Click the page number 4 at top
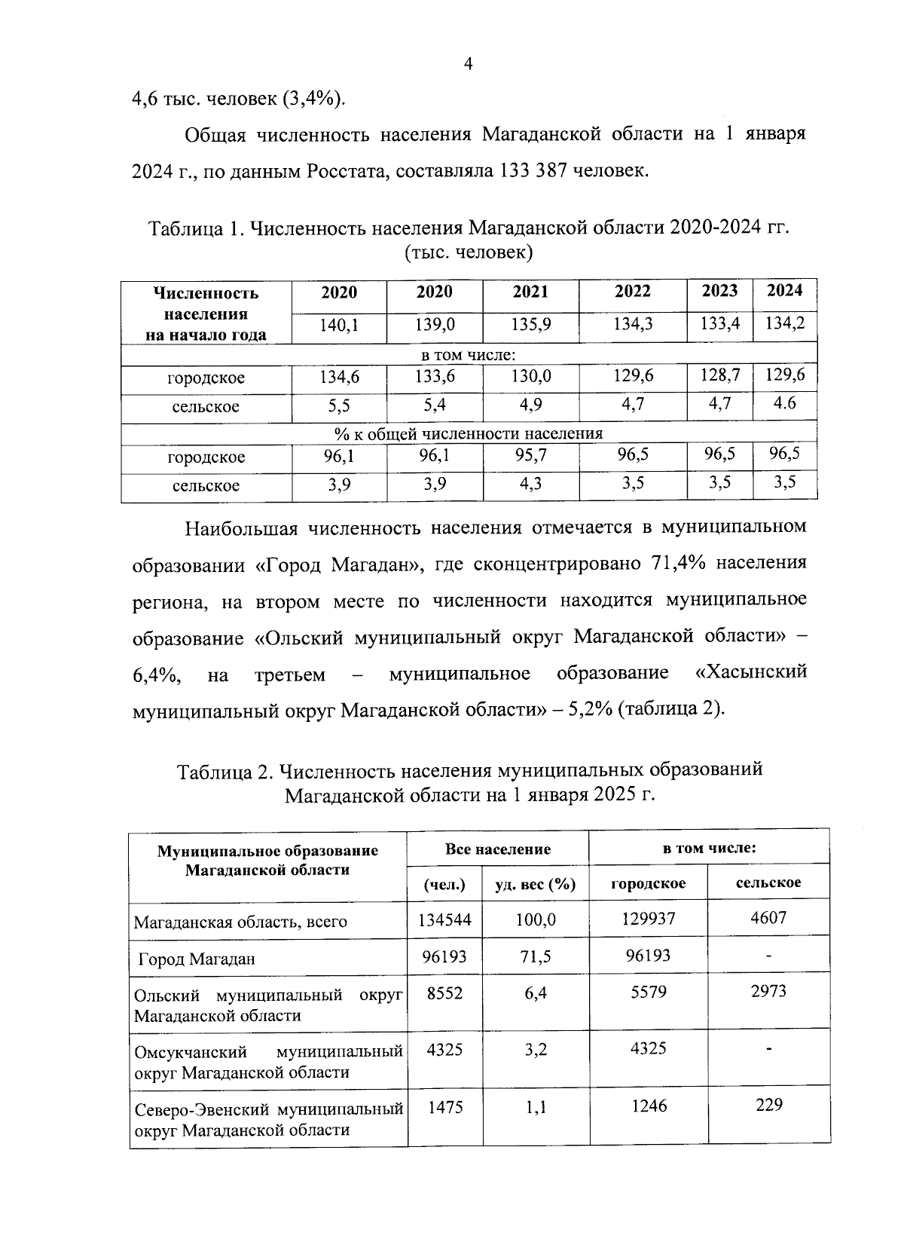(468, 65)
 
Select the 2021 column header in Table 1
(530, 292)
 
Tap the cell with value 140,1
(339, 325)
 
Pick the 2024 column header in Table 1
(784, 291)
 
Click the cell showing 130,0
(530, 376)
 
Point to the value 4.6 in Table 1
(784, 403)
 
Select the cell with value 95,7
(530, 455)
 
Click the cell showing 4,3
(530, 484)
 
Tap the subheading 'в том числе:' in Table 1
(468, 355)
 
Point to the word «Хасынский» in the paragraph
(750, 671)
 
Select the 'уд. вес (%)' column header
(535, 884)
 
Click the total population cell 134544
(444, 919)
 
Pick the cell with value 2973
(768, 991)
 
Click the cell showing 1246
(649, 1106)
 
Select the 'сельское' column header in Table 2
(768, 882)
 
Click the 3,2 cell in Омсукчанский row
(536, 1049)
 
